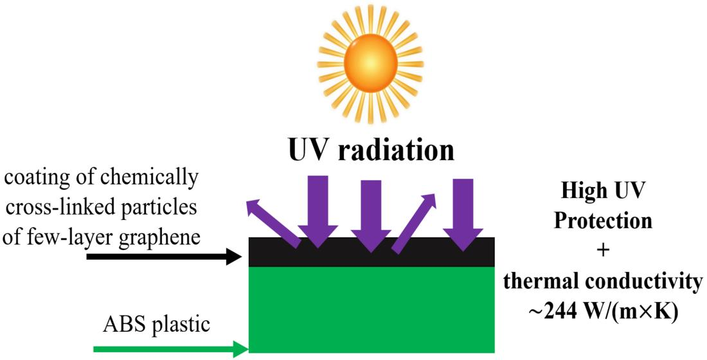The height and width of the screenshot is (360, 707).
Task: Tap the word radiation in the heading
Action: click(x=398, y=150)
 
